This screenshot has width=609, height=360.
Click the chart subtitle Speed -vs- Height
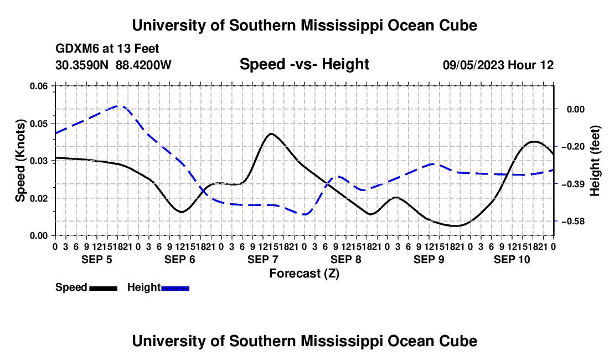304,64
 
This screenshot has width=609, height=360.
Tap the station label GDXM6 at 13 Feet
107,49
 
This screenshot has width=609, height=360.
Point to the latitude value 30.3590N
81,65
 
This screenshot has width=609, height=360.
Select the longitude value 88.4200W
143,65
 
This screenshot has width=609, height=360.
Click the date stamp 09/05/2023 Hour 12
498,65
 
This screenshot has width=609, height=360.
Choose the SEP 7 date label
263,259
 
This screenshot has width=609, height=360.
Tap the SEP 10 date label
512,259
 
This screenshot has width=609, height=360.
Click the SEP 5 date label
97,259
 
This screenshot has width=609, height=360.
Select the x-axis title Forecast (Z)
304,274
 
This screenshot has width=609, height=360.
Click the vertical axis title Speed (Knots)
20,161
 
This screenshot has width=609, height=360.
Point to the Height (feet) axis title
595,161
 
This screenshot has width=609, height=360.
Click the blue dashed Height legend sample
175,289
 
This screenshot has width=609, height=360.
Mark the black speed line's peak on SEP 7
271,133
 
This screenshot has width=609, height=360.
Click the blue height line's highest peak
118,106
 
